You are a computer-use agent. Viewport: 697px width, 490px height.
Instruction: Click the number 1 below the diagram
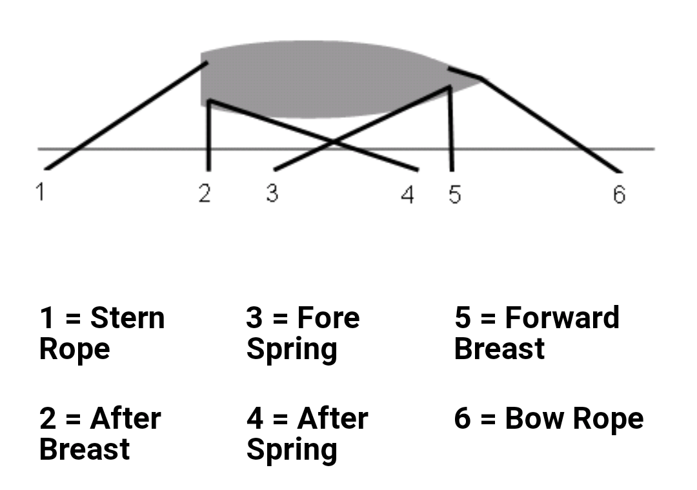click(x=41, y=192)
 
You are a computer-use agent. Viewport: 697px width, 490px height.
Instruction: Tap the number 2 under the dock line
click(x=205, y=193)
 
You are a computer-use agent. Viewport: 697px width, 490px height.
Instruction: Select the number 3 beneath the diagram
click(x=272, y=193)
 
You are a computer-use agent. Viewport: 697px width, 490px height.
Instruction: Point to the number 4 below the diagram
click(x=408, y=195)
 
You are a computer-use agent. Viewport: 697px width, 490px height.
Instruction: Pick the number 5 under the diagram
click(x=455, y=195)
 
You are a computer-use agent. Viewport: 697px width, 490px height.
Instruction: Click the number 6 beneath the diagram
click(x=619, y=195)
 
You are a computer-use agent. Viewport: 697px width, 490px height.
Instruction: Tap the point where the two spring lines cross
click(x=333, y=142)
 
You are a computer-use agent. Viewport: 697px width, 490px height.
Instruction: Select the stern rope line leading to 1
click(x=126, y=116)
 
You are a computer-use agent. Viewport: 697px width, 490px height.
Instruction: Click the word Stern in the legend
click(x=127, y=318)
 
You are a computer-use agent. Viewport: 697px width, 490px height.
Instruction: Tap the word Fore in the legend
click(x=328, y=318)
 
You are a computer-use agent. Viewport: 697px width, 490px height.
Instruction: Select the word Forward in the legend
click(x=562, y=318)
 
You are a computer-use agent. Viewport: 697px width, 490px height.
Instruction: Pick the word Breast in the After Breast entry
click(x=85, y=449)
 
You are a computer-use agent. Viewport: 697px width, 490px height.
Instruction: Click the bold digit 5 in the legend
click(x=462, y=318)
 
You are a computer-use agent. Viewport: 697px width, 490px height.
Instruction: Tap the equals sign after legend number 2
click(x=73, y=419)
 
